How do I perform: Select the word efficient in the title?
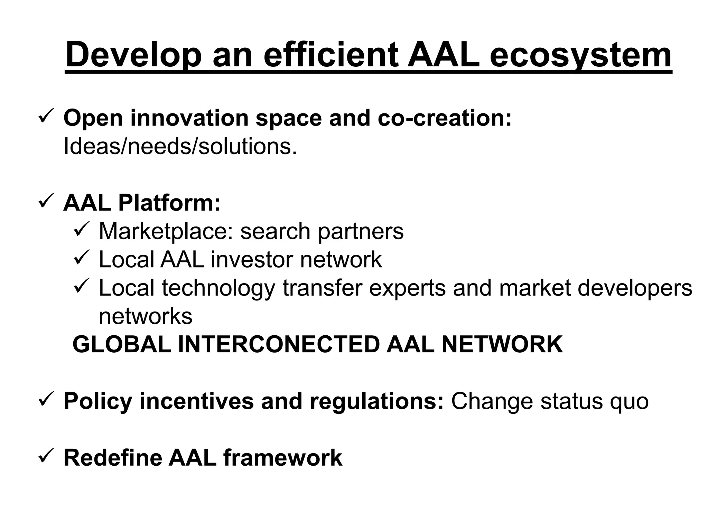tap(332, 55)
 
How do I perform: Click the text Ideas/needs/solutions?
tap(180, 147)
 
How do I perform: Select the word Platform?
tap(169, 203)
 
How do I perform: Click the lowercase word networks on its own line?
tap(145, 316)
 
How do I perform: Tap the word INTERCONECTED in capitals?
tap(279, 345)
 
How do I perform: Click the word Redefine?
tap(113, 458)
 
